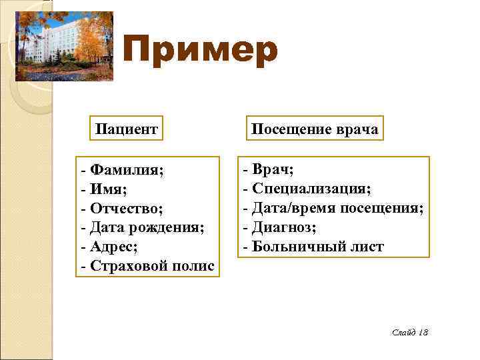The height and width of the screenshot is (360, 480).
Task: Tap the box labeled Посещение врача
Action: coord(314,129)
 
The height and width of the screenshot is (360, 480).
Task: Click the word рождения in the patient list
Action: coord(167,228)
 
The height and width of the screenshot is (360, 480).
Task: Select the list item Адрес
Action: coord(114,247)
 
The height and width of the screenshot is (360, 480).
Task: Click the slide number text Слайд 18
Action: coord(410,331)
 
